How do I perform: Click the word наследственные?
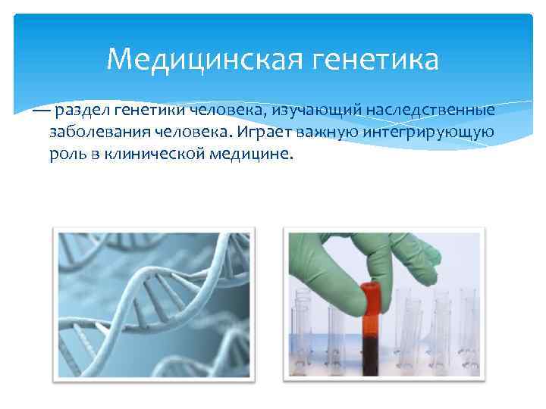point(430,111)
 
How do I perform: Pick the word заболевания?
point(99,133)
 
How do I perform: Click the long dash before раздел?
point(41,111)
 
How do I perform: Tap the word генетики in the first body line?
point(146,111)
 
